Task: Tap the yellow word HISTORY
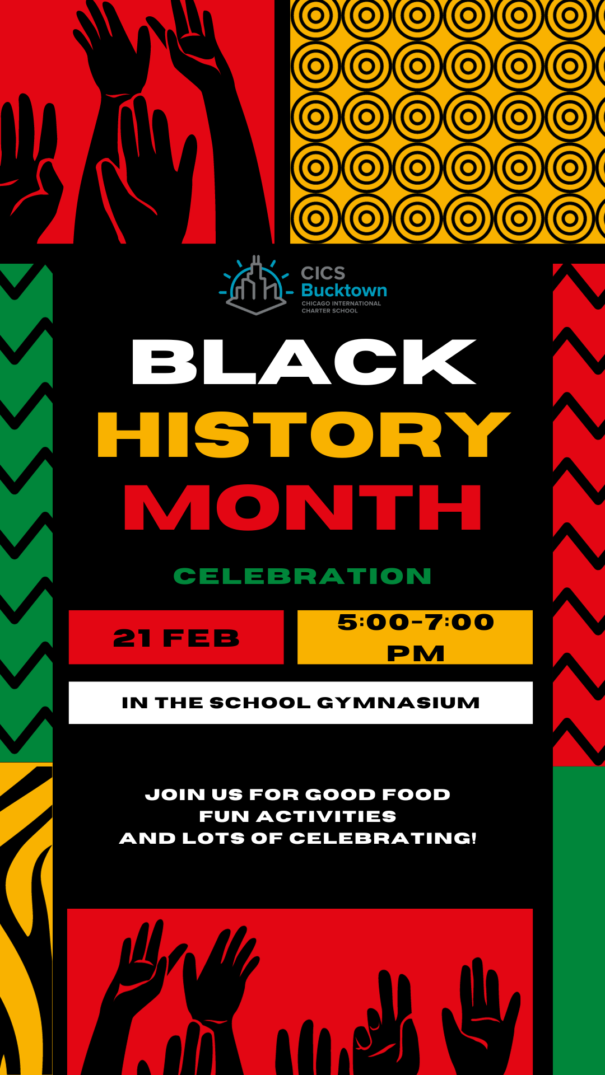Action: [304, 434]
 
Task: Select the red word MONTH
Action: [302, 507]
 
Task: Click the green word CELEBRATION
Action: [302, 576]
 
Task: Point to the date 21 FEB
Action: [176, 638]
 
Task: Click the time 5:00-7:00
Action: [416, 622]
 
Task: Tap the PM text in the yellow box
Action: [416, 653]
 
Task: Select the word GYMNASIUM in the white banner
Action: [398, 703]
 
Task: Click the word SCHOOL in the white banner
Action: [260, 703]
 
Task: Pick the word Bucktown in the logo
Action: [344, 290]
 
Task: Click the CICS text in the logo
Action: [323, 273]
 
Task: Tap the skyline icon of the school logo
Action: [256, 285]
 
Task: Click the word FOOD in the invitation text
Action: [416, 794]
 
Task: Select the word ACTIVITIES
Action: [327, 816]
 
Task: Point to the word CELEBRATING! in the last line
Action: [383, 838]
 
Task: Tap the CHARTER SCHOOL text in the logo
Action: [329, 311]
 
